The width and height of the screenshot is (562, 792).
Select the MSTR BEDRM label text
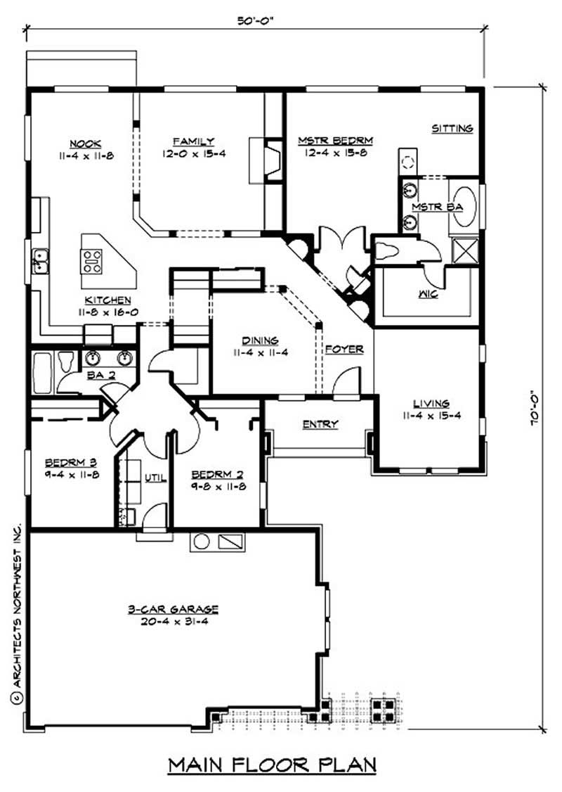[x=334, y=141]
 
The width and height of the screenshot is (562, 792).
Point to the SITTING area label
[x=452, y=129]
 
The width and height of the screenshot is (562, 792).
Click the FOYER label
[x=344, y=349]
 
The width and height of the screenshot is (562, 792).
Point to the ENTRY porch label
[x=320, y=424]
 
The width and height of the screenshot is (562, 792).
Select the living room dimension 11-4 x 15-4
[x=431, y=415]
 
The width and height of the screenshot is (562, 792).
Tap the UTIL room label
[x=155, y=478]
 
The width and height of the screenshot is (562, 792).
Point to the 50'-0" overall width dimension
[x=254, y=21]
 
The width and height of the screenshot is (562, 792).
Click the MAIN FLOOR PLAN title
[x=272, y=764]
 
